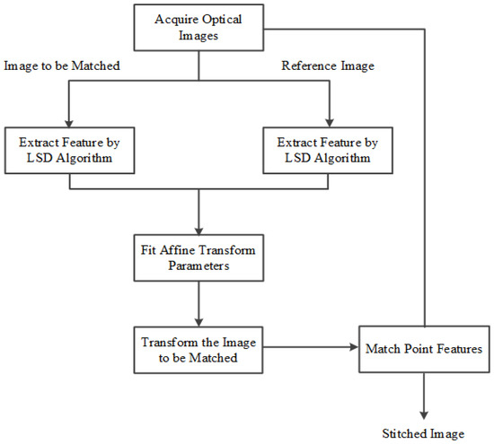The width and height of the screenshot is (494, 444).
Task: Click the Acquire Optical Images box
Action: click(x=199, y=27)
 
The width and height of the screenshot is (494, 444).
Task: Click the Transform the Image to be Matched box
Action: click(x=197, y=347)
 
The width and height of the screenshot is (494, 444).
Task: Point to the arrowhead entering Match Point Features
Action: click(x=352, y=346)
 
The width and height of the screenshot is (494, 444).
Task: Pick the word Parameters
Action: click(x=197, y=267)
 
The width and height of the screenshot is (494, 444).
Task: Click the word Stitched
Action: click(x=401, y=434)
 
